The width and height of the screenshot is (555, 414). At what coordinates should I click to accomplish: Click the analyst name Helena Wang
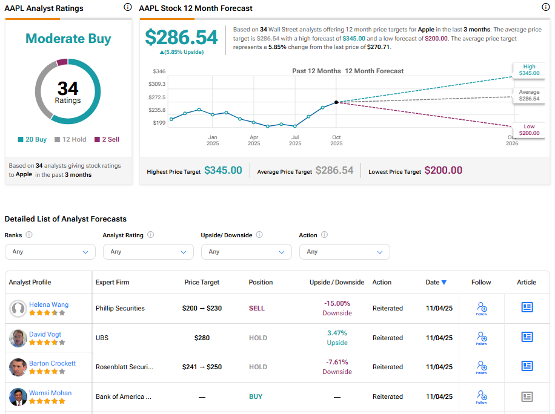pos(48,304)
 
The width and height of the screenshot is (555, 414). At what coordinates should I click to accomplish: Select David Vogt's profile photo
pos(18,338)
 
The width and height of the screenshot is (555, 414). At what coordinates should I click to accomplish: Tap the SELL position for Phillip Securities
pos(257,308)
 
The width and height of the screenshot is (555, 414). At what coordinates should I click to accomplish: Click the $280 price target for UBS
pos(202,338)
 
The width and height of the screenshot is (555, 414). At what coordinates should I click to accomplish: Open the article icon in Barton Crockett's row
pos(527,366)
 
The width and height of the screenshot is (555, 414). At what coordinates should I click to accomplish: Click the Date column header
pos(436,282)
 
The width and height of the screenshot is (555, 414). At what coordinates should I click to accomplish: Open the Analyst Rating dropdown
pos(148,252)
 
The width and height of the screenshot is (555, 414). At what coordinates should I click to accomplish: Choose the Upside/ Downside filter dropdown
pos(246,252)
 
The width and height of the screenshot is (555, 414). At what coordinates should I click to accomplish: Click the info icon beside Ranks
pos(29,235)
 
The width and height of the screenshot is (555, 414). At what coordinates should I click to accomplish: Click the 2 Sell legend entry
pos(107,139)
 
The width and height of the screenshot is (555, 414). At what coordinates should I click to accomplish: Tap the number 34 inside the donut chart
pos(68,88)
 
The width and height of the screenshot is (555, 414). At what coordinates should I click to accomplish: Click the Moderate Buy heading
pos(68,39)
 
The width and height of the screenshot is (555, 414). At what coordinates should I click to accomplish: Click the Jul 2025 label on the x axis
pos(295,140)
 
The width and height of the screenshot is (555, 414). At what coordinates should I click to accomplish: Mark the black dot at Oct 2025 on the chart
pos(336,102)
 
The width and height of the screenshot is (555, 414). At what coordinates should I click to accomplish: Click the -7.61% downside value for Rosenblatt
pos(337,362)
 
